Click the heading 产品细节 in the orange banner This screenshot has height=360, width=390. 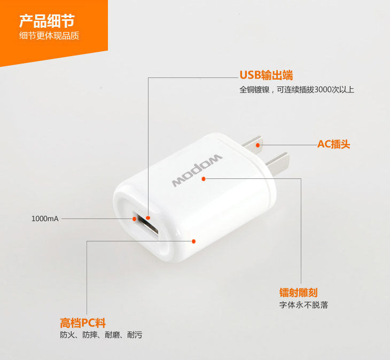[x=47, y=21]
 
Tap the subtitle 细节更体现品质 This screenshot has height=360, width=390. [x=49, y=36]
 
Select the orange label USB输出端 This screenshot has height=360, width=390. [x=266, y=75]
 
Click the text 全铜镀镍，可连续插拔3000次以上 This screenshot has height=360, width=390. [x=297, y=90]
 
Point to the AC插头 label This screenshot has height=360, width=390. [x=333, y=144]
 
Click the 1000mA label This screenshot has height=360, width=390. [x=45, y=219]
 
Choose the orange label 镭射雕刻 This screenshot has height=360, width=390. [x=298, y=293]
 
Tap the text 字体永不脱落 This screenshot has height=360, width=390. [x=303, y=305]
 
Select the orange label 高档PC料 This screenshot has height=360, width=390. [x=83, y=323]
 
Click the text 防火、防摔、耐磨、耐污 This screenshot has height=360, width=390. [x=101, y=335]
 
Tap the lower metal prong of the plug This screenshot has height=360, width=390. [x=277, y=163]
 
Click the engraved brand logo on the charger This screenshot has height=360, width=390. [x=197, y=170]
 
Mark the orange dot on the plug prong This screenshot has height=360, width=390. [x=258, y=145]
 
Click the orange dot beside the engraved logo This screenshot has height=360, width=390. [x=204, y=179]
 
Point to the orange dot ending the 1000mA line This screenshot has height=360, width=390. [x=134, y=219]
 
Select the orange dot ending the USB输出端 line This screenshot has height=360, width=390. [x=148, y=218]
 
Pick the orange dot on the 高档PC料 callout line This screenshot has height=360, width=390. [x=194, y=241]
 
